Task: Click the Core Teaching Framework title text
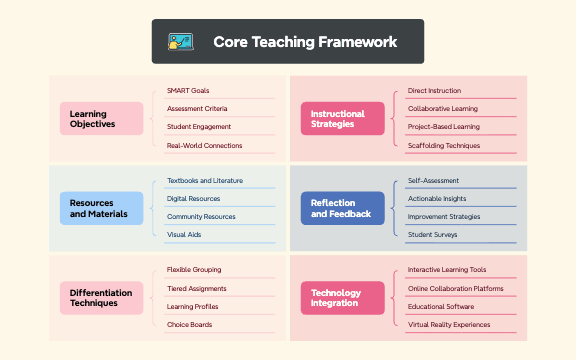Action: (305, 42)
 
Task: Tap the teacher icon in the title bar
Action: (181, 42)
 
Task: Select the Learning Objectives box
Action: (101, 119)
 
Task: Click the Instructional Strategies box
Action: (342, 119)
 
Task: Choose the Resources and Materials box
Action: (101, 208)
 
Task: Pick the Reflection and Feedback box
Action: (342, 208)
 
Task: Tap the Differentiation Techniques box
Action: (101, 298)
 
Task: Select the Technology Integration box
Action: (342, 298)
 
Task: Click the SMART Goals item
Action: (188, 91)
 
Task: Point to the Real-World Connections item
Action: (204, 146)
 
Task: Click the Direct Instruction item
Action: (434, 91)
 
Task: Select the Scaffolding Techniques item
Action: (444, 146)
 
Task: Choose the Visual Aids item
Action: (184, 235)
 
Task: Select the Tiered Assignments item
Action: (197, 289)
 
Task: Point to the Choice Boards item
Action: (188, 325)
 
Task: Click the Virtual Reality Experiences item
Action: (449, 325)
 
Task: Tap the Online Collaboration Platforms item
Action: (455, 289)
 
